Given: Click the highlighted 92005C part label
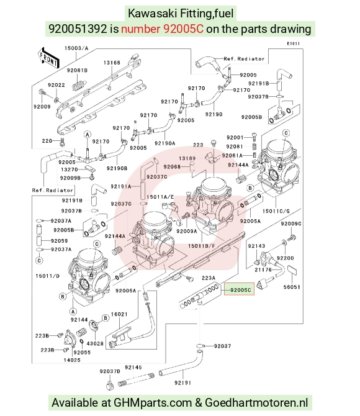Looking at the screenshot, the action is [x=240, y=289].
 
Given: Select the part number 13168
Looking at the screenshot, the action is [x=112, y=63].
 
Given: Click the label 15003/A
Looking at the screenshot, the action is [x=76, y=48].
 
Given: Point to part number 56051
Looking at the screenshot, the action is [x=292, y=287].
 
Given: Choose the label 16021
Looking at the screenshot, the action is [x=119, y=314].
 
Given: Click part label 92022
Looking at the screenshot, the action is [x=56, y=85].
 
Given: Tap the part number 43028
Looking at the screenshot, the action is [x=95, y=343].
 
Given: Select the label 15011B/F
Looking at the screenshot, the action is [x=201, y=246].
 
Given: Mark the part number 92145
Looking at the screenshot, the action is [x=133, y=368].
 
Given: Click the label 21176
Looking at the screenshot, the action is [x=263, y=269].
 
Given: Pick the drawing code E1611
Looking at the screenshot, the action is [x=293, y=43].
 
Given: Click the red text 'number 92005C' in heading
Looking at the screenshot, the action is [x=163, y=29].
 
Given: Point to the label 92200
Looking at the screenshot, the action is [x=285, y=258].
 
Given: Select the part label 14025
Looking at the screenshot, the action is [x=72, y=360].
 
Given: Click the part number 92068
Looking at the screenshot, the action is [x=172, y=166].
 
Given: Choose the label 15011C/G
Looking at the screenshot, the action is [x=276, y=211].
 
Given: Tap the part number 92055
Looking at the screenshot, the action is [x=82, y=352].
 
